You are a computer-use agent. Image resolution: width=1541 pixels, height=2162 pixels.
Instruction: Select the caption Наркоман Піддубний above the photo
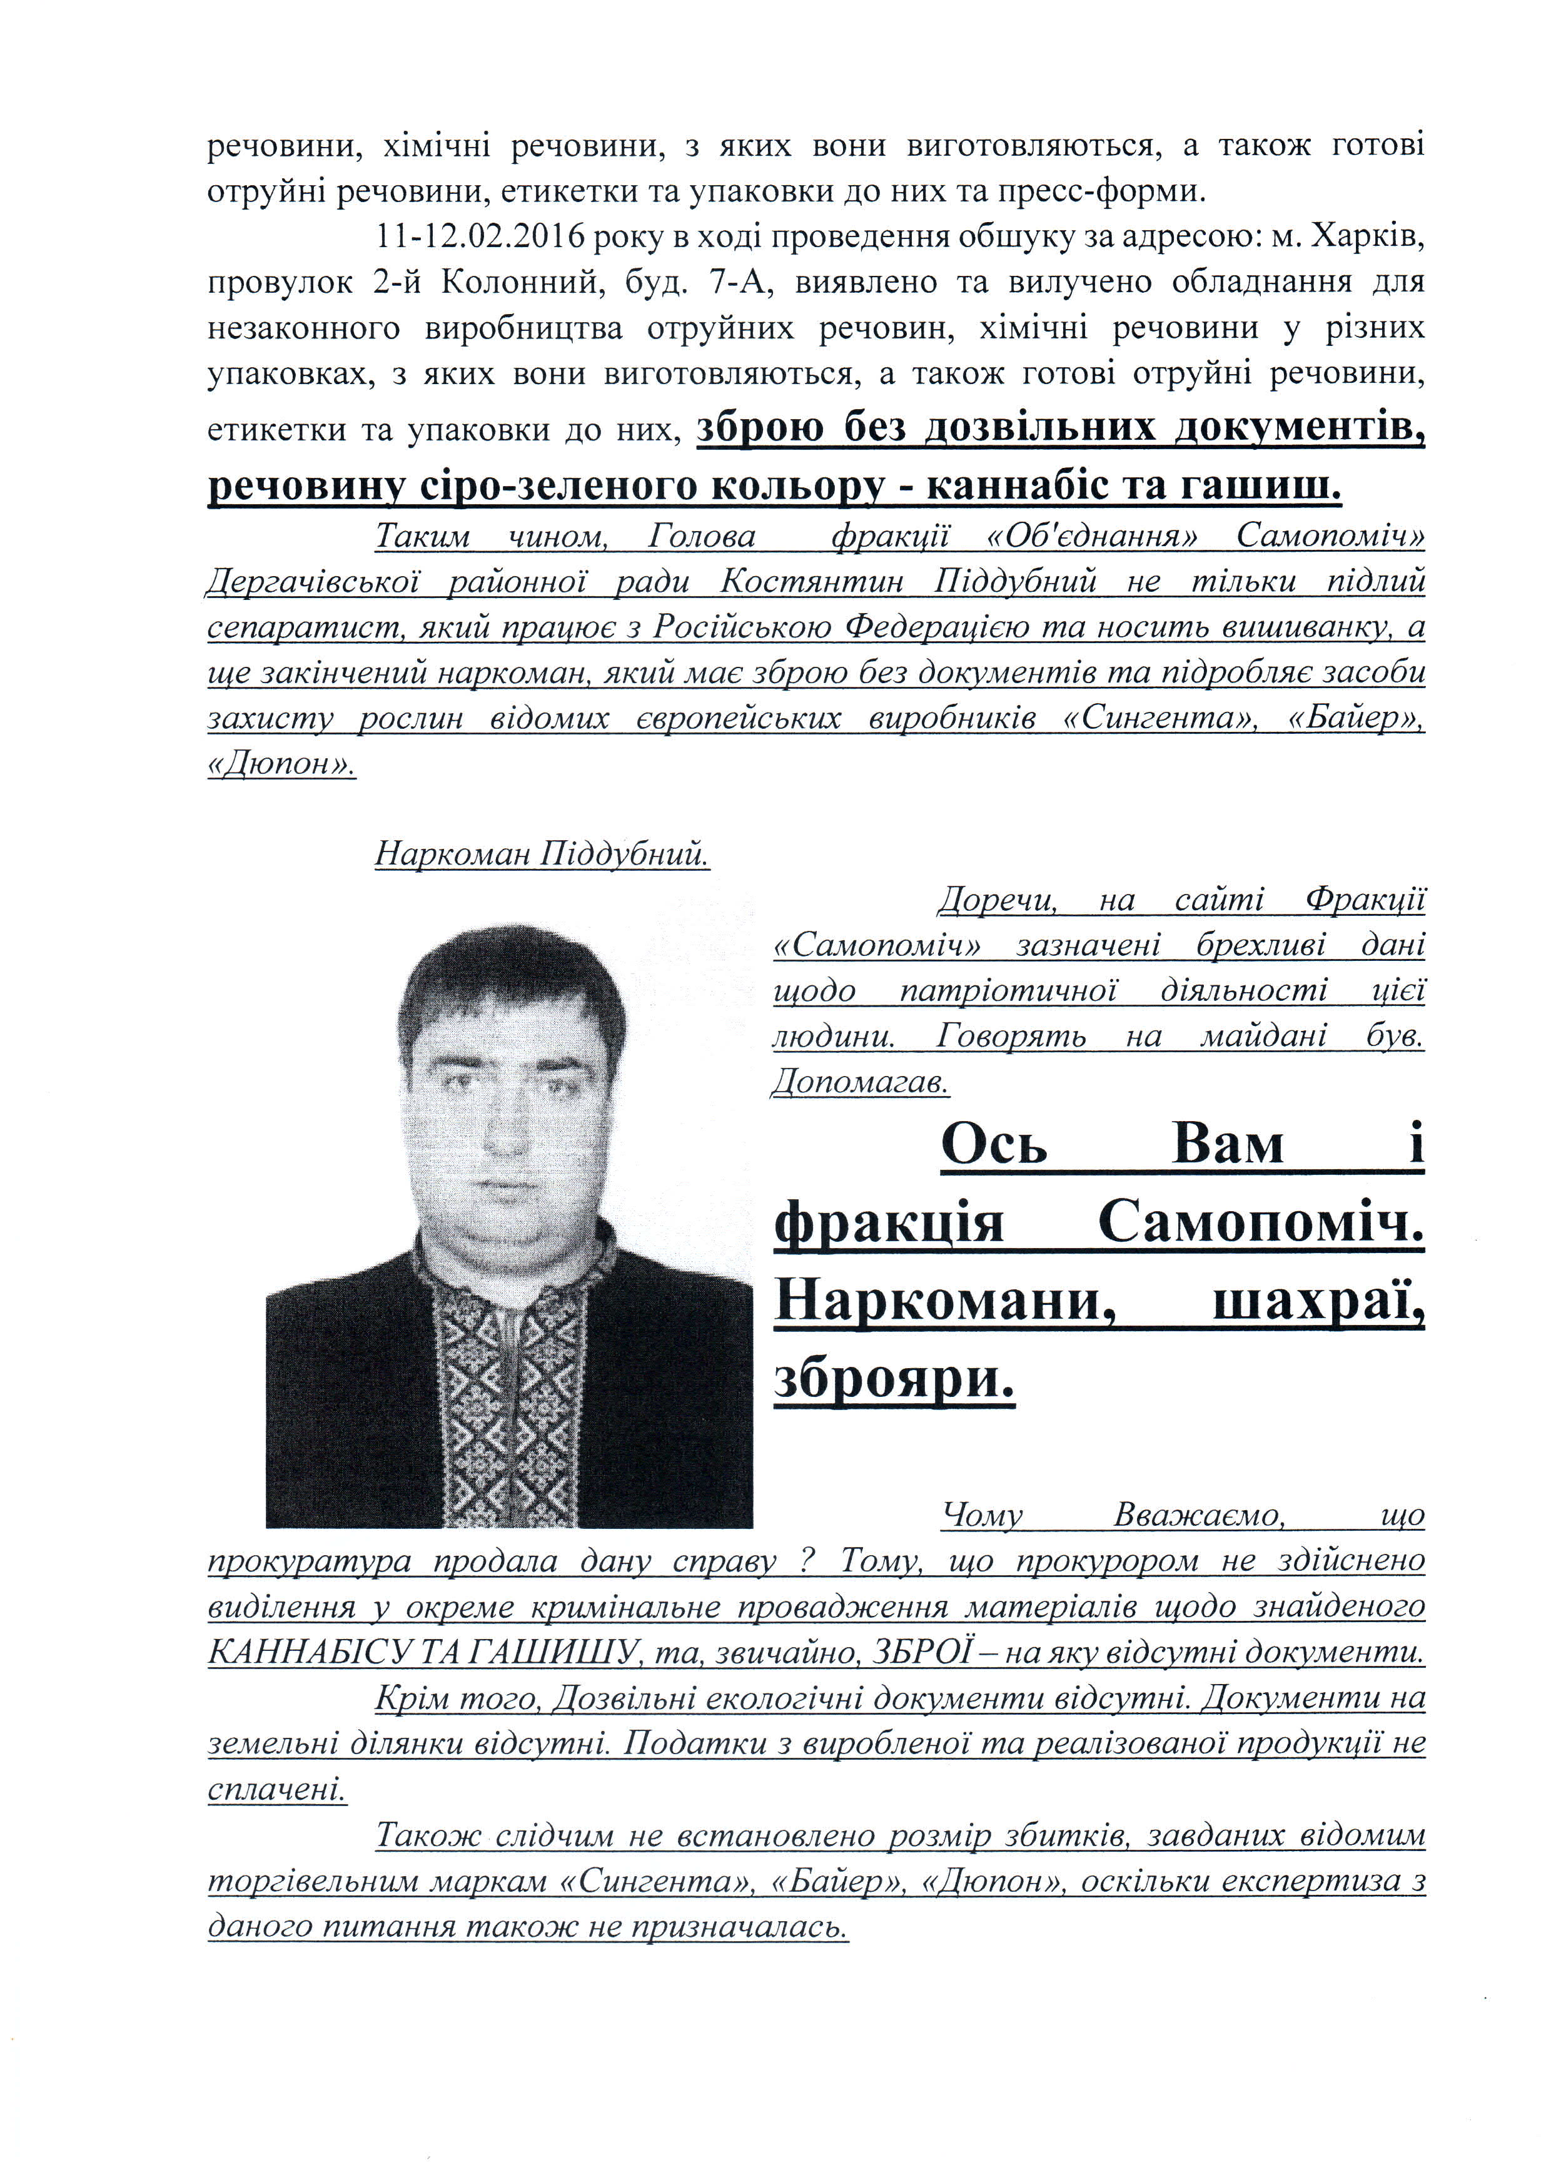(542, 854)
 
